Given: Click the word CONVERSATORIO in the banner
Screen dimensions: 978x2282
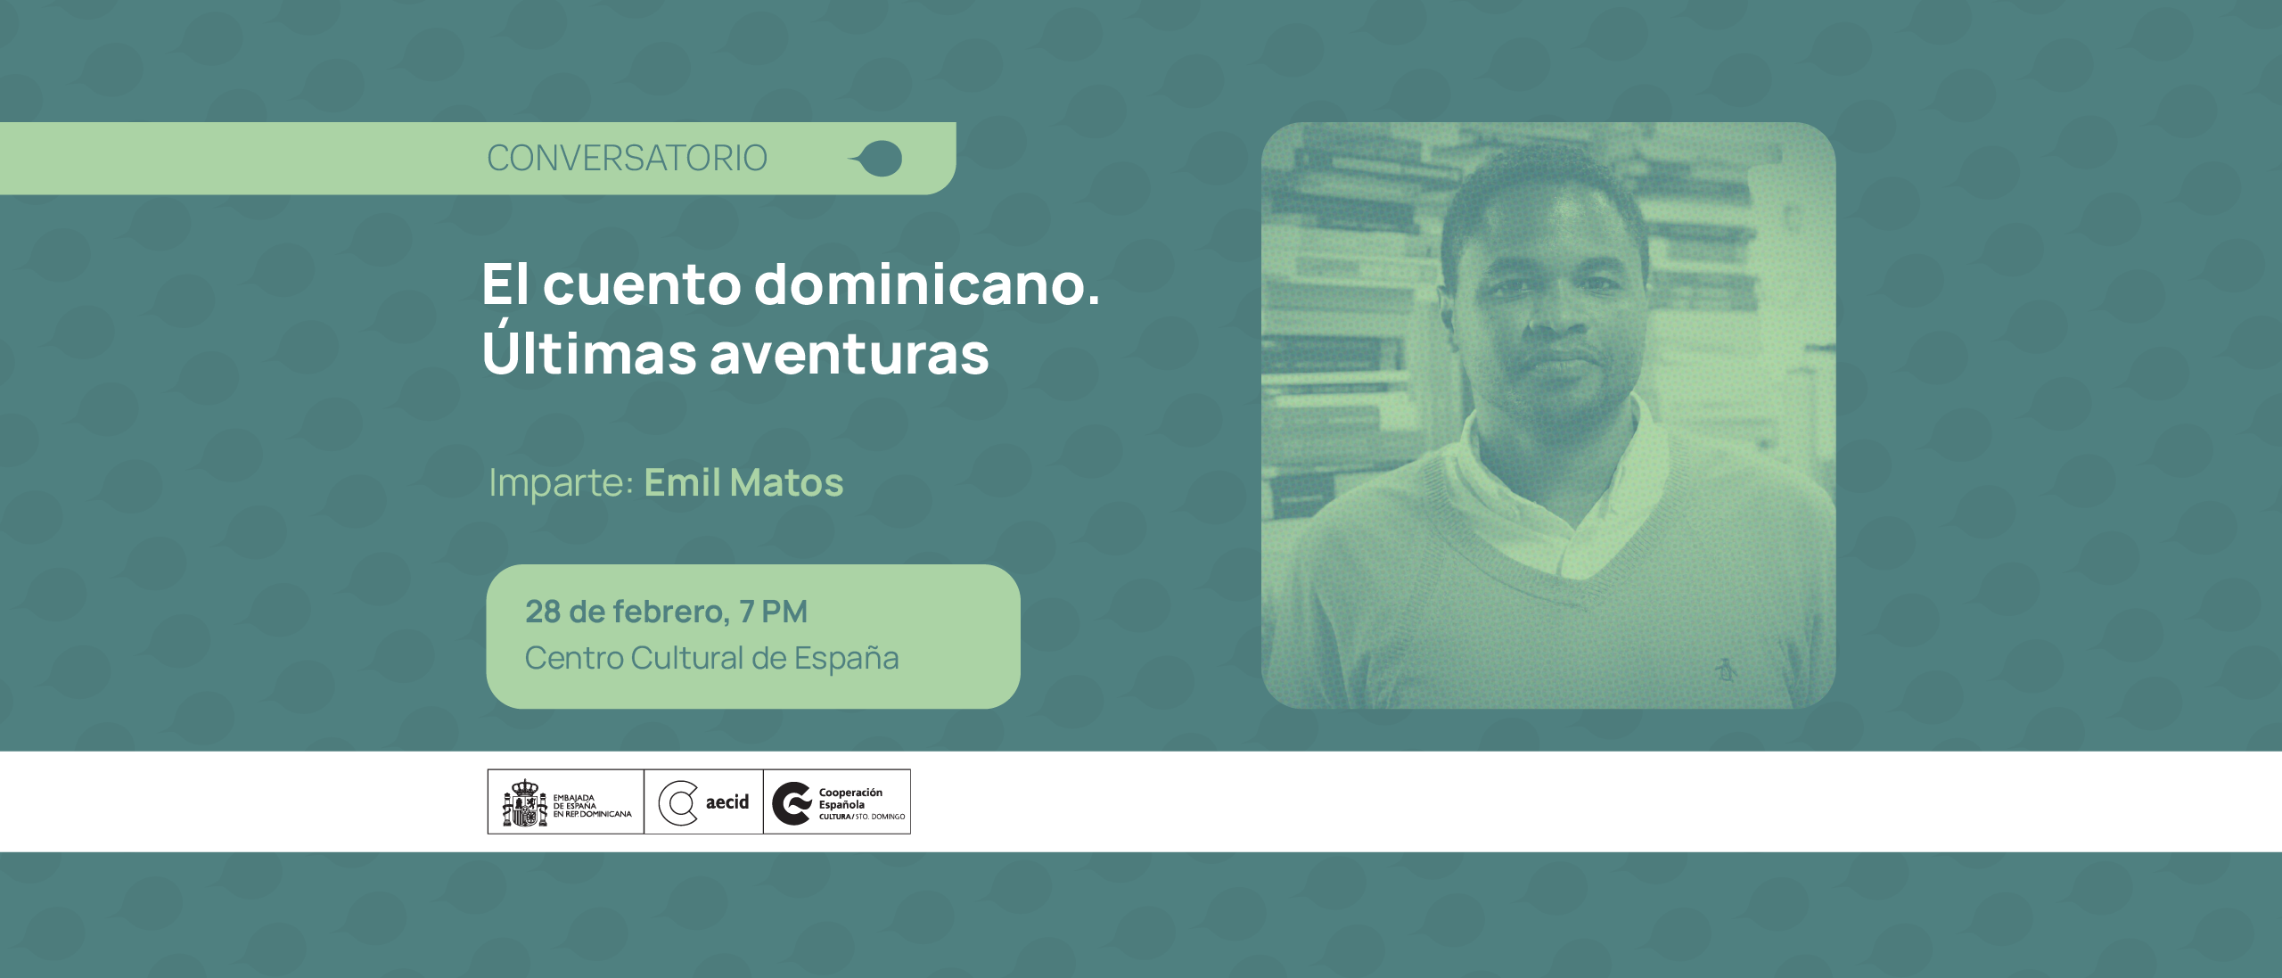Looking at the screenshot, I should click(627, 159).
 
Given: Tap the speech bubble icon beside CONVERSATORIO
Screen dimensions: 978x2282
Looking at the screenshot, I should click(878, 159).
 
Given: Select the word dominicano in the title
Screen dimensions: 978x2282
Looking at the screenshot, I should click(927, 285).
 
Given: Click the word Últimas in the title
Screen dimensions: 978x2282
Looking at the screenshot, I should click(588, 353).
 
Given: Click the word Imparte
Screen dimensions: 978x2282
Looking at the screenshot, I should click(561, 483).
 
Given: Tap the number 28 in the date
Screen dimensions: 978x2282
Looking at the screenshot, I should click(543, 612).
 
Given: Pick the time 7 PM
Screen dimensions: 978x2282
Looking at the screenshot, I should click(773, 612).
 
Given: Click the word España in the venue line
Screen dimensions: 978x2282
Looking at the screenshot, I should click(846, 658).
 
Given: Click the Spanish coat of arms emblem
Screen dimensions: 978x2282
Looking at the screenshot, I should click(525, 802).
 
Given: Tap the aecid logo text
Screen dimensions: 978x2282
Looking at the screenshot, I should click(726, 802).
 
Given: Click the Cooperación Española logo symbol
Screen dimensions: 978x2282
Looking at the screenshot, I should click(792, 802).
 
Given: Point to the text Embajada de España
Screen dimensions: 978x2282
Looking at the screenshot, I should click(575, 801).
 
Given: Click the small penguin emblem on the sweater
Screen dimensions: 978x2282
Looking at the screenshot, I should click(1727, 669).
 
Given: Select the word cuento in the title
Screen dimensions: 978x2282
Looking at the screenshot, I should click(642, 285).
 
